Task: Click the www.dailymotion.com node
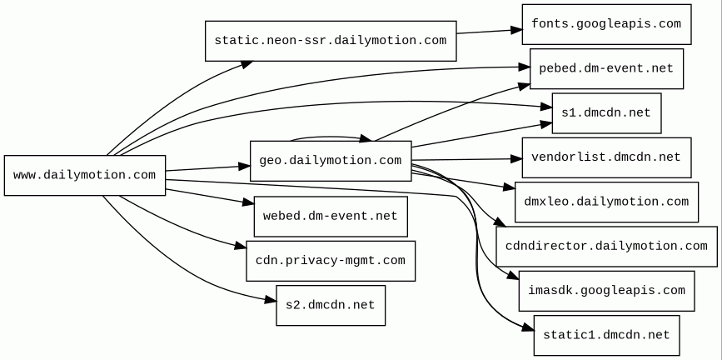click(x=85, y=175)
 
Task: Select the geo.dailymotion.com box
click(x=331, y=161)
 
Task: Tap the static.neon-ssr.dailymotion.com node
click(x=331, y=41)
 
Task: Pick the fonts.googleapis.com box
click(x=606, y=24)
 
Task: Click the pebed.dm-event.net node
click(x=606, y=68)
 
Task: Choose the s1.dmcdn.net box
click(x=606, y=113)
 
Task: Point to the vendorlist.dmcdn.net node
click(x=606, y=157)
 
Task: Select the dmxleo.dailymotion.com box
click(x=606, y=202)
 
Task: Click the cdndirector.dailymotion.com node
click(x=606, y=246)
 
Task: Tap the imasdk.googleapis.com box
click(x=606, y=291)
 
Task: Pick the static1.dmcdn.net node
click(x=606, y=335)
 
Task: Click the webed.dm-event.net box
click(x=331, y=217)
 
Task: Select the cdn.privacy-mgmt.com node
click(x=331, y=261)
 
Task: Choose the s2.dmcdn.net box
click(x=331, y=305)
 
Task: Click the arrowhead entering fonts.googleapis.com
click(x=516, y=31)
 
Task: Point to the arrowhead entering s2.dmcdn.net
click(x=271, y=301)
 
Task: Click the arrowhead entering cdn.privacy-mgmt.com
click(x=241, y=246)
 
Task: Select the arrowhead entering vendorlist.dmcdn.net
click(x=516, y=159)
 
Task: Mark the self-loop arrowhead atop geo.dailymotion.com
click(x=366, y=138)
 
